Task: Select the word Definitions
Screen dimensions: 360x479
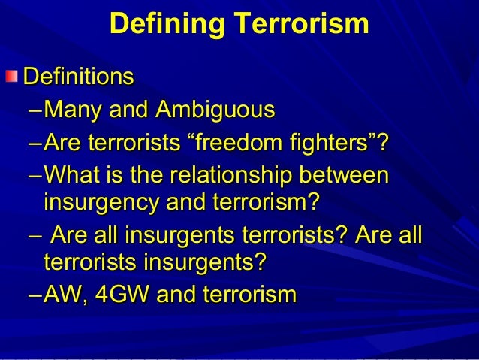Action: pos(79,77)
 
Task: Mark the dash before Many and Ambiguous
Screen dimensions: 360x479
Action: pos(34,112)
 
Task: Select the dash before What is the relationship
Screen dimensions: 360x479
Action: pos(34,175)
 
